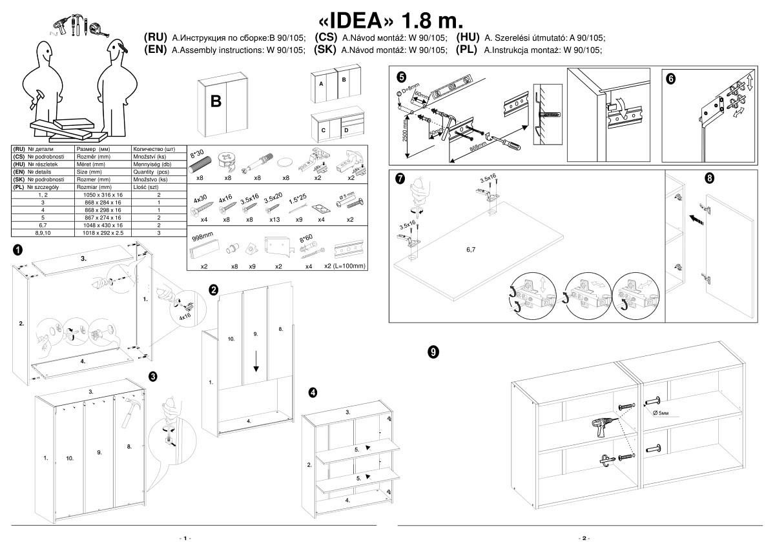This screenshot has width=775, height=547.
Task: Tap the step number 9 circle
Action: pos(433,352)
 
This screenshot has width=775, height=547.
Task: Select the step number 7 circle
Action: pos(400,179)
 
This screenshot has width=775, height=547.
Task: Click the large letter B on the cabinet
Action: pos(216,101)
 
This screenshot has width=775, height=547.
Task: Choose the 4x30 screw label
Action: pos(201,199)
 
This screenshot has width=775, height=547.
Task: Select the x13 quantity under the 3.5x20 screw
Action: pos(274,219)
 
